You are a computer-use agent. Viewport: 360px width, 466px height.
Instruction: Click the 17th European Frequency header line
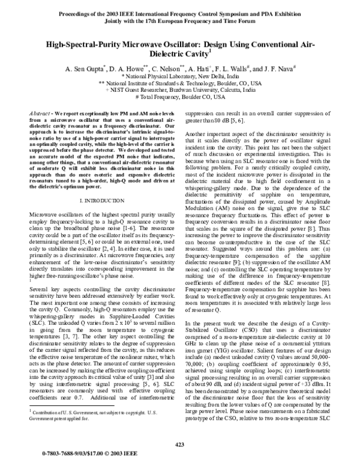179,19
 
